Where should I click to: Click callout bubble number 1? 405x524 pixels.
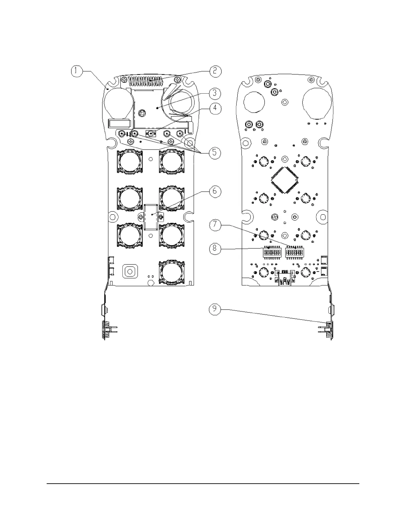[x=76, y=71]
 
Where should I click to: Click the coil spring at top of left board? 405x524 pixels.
[x=150, y=80]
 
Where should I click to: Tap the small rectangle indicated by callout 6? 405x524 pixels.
[x=152, y=216]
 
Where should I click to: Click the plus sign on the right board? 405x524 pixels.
[x=318, y=260]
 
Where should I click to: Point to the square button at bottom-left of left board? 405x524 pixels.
[x=130, y=271]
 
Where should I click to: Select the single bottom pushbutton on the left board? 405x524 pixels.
[x=171, y=272]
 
